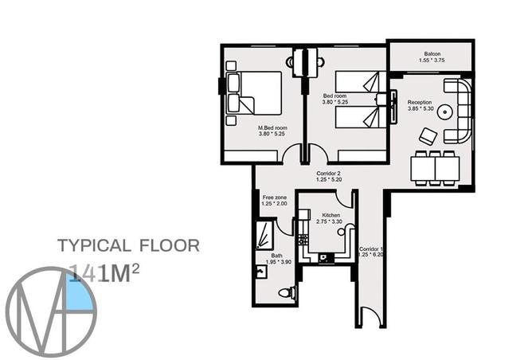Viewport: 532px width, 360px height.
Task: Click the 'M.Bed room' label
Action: click(x=272, y=127)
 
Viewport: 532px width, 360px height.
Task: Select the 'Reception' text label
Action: click(x=420, y=103)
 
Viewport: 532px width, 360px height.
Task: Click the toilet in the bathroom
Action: click(x=286, y=293)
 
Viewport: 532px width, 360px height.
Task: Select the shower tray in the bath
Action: click(x=264, y=236)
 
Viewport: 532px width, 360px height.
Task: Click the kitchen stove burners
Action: click(x=303, y=237)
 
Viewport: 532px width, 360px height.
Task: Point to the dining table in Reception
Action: click(x=435, y=167)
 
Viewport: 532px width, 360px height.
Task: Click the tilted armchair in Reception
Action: click(x=428, y=135)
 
